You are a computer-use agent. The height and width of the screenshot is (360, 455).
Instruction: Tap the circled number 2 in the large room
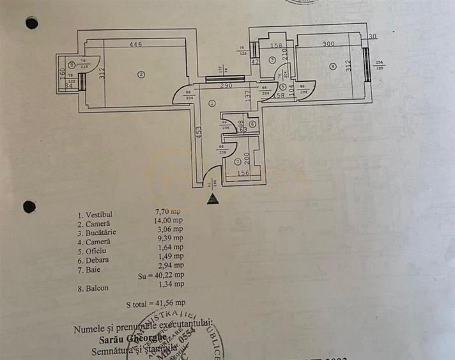click(x=142, y=75)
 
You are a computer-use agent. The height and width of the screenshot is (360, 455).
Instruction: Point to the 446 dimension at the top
click(x=135, y=44)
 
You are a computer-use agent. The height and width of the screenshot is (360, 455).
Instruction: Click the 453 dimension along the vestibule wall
click(x=199, y=132)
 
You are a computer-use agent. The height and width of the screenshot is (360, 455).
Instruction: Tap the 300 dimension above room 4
click(x=328, y=44)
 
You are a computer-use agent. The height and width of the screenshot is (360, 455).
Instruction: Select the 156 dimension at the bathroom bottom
click(x=243, y=172)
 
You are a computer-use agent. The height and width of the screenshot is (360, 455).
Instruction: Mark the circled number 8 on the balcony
click(x=72, y=65)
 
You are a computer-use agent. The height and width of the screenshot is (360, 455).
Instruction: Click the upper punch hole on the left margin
click(x=31, y=23)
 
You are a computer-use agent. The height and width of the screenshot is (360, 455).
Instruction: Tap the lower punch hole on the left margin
click(x=29, y=207)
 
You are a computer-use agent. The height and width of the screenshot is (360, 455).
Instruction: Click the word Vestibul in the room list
click(x=95, y=216)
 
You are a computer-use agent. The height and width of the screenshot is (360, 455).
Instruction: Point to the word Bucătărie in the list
click(x=96, y=233)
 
